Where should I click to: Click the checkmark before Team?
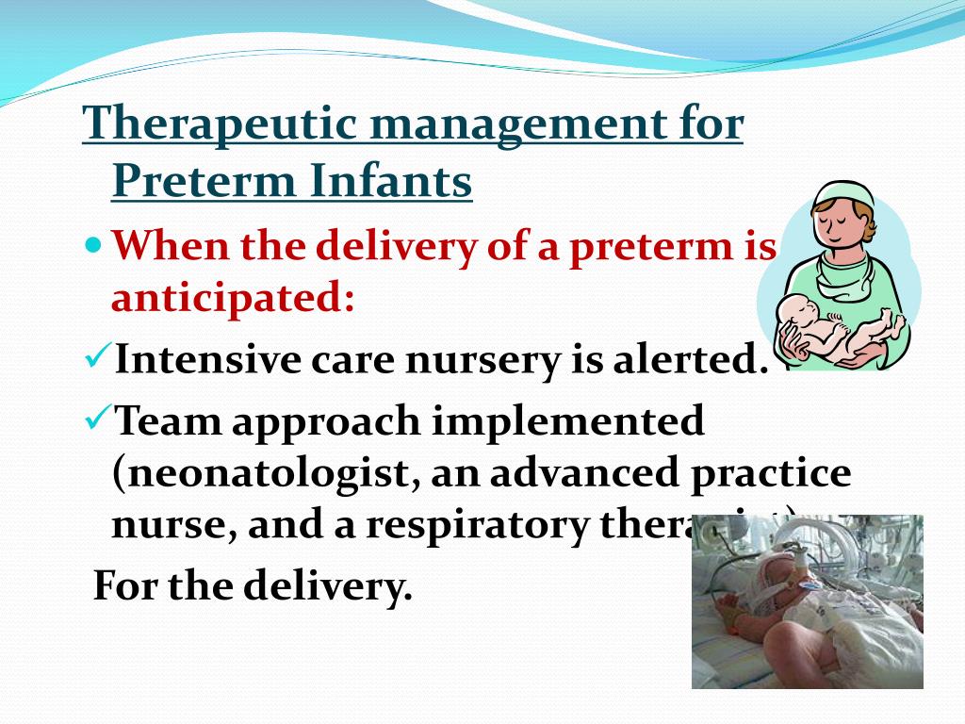(96, 419)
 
